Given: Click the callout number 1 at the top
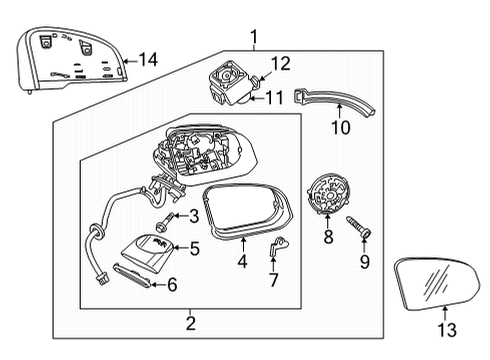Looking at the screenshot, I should [x=253, y=38].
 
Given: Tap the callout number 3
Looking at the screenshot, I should [x=193, y=215].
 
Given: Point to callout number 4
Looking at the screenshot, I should [x=241, y=263].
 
